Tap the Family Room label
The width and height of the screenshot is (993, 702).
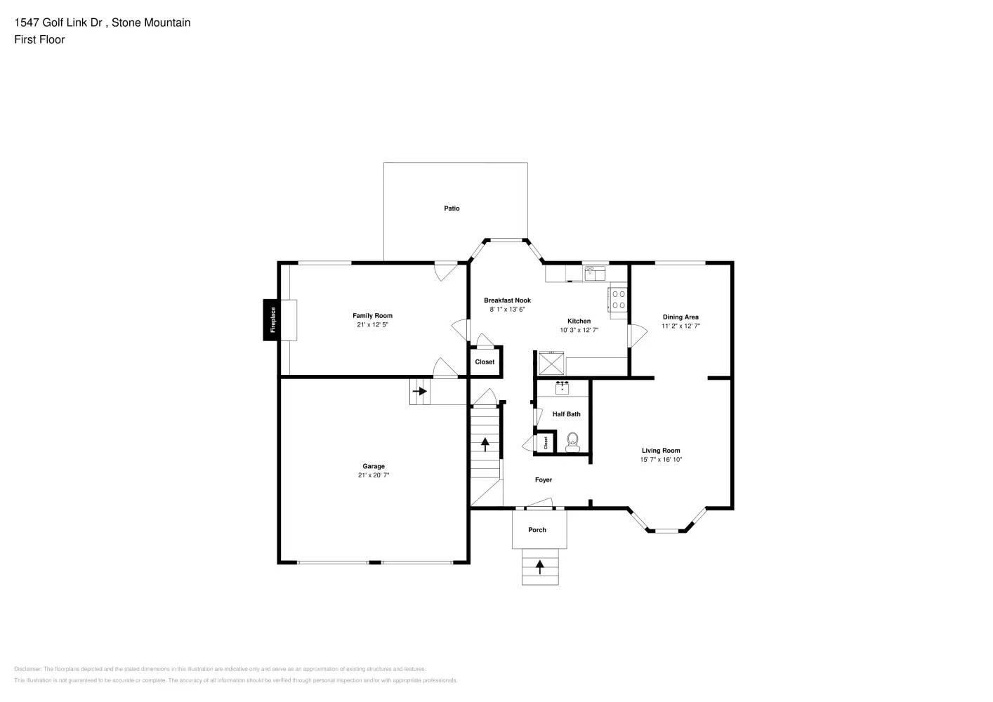tap(372, 316)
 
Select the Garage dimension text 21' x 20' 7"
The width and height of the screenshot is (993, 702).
tap(374, 475)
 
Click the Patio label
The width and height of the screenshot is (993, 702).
tap(452, 208)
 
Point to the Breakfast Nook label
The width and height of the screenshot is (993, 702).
tap(507, 300)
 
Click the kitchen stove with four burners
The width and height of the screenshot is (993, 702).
tap(618, 300)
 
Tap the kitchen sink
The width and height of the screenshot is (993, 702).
tap(595, 272)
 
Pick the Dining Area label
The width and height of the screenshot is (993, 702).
tap(680, 317)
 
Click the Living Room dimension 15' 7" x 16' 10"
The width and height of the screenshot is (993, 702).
tap(661, 460)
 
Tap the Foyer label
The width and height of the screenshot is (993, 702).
tap(544, 480)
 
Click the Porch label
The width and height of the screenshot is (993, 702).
tap(537, 530)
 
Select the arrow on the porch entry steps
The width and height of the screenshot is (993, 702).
tap(539, 567)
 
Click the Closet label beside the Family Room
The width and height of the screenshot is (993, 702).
tap(485, 362)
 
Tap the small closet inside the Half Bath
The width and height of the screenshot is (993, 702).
tap(546, 443)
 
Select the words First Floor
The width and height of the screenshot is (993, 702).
tap(39, 39)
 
